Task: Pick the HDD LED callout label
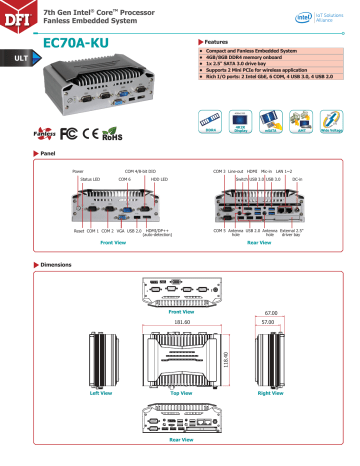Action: click(159, 179)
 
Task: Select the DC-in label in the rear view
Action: click(325, 179)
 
